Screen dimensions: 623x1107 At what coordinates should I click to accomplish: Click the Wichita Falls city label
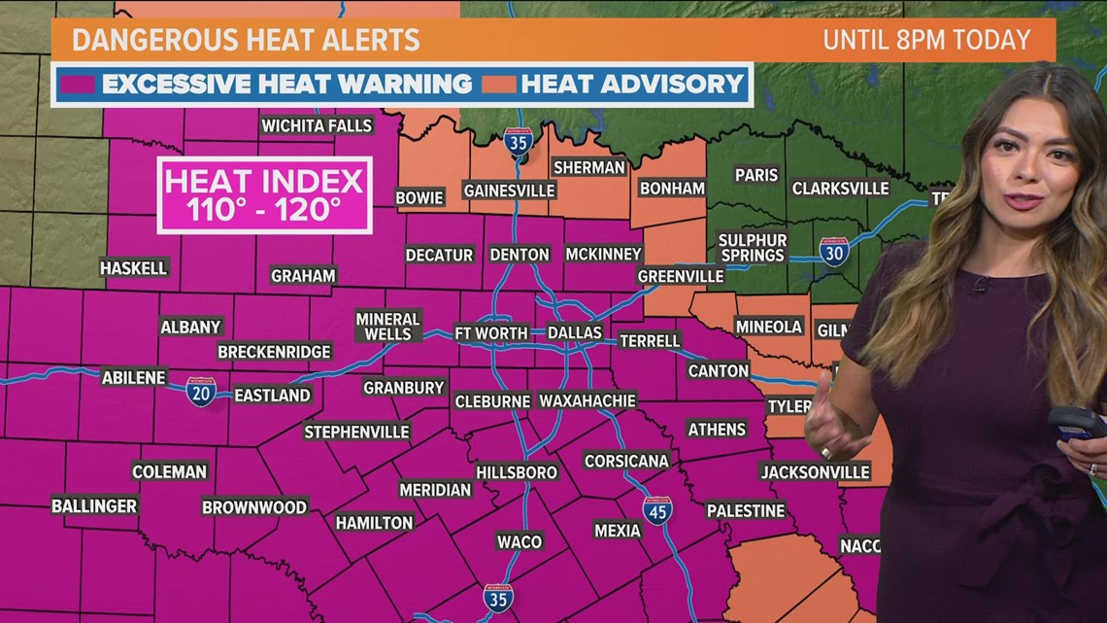pos(317,125)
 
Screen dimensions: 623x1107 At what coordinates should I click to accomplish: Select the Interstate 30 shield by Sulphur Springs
pos(833,252)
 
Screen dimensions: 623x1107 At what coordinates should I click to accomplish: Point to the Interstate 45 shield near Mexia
pos(657,510)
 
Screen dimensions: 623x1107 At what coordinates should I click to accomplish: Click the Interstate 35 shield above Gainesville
pos(519,142)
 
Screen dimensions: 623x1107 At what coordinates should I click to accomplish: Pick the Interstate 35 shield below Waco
pos(497,598)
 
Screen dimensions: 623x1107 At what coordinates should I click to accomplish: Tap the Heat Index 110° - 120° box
pos(264,195)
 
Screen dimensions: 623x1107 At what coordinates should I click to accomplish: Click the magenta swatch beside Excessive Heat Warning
pos(78,85)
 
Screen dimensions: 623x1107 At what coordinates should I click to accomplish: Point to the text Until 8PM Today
pos(926,40)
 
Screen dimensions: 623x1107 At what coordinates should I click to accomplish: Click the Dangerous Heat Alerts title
pos(246,40)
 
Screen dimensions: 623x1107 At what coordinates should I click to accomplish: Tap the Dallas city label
pos(575,332)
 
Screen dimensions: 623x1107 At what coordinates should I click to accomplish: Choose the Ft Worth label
pos(491,332)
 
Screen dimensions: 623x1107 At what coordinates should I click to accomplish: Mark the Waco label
pos(519,541)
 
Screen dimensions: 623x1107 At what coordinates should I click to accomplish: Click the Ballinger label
pos(94,506)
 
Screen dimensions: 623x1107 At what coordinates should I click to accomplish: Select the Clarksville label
pos(840,188)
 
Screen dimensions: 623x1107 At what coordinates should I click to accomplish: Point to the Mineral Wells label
pos(387,327)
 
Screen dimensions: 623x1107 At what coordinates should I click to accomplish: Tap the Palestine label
pos(745,510)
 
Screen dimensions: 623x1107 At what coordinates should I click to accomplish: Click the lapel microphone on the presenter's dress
pos(980,285)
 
